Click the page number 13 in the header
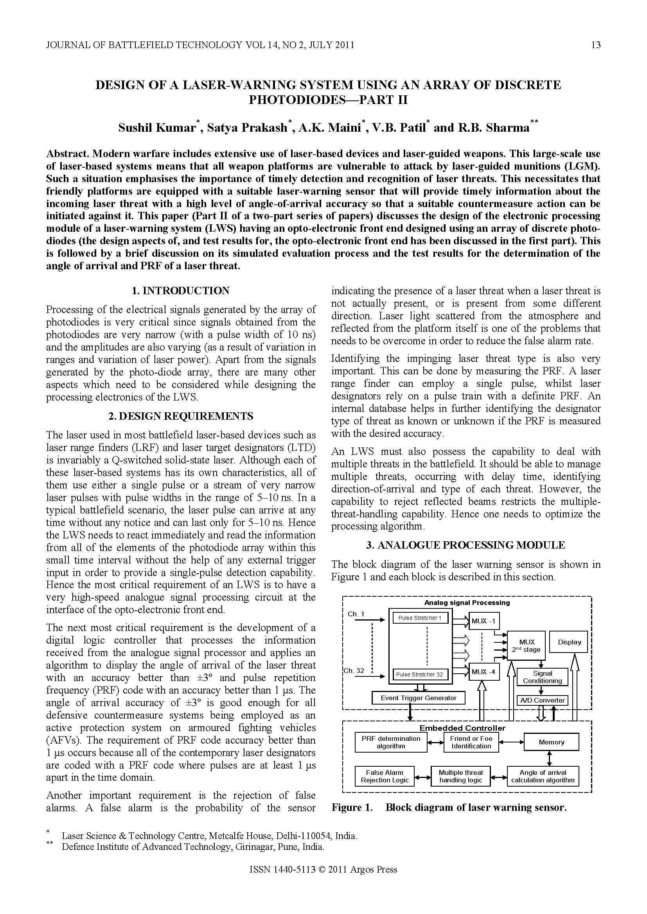tap(595, 45)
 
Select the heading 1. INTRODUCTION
tap(180, 291)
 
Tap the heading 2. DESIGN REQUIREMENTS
tap(180, 417)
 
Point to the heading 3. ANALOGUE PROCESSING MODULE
tap(465, 545)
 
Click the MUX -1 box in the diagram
tap(483, 621)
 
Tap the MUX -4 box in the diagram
tap(483, 672)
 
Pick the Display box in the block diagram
tap(569, 642)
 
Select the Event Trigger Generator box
tap(418, 698)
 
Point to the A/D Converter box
tap(542, 700)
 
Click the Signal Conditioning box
tap(542, 677)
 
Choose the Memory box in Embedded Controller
tap(552, 742)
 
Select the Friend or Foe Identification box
tap(471, 742)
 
